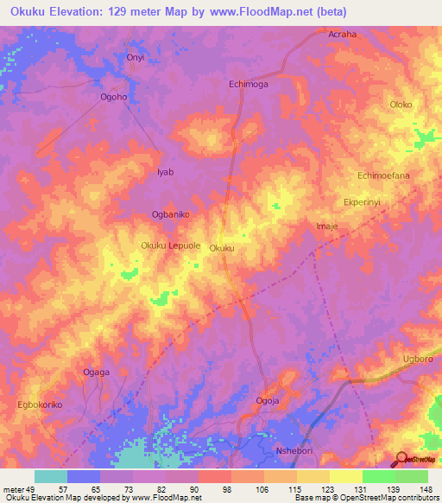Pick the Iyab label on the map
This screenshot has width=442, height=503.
point(165,172)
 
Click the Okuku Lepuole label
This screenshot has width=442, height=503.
point(171,246)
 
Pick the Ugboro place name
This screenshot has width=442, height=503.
point(420,358)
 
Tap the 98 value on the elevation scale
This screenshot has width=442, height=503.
point(228,488)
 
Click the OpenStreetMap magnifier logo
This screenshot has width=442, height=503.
point(401,458)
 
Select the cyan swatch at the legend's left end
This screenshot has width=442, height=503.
point(51,476)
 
